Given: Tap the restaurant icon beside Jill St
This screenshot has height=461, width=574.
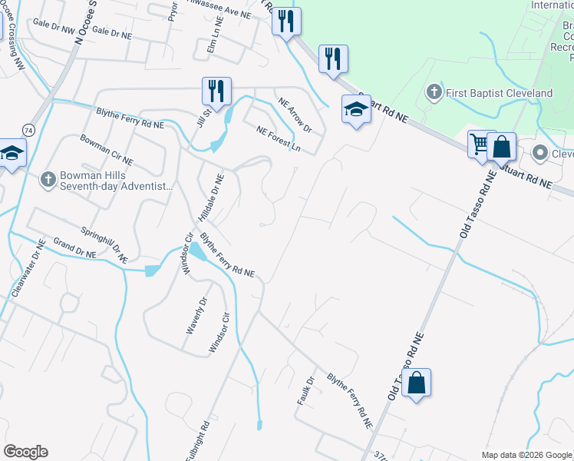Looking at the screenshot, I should pyautogui.click(x=216, y=91).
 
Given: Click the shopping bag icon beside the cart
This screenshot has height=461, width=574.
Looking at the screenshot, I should pyautogui.click(x=501, y=146).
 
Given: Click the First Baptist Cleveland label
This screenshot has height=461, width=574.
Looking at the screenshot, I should pyautogui.click(x=500, y=93).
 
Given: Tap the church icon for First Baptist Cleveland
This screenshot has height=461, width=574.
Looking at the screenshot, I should pyautogui.click(x=434, y=93).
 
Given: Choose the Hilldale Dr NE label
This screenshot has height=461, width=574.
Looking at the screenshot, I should pyautogui.click(x=210, y=197).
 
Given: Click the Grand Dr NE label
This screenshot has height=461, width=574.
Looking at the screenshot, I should pyautogui.click(x=74, y=250).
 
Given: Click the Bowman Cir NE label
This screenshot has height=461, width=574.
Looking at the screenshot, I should pyautogui.click(x=106, y=150).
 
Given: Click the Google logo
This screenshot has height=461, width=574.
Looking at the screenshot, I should pyautogui.click(x=25, y=452).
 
